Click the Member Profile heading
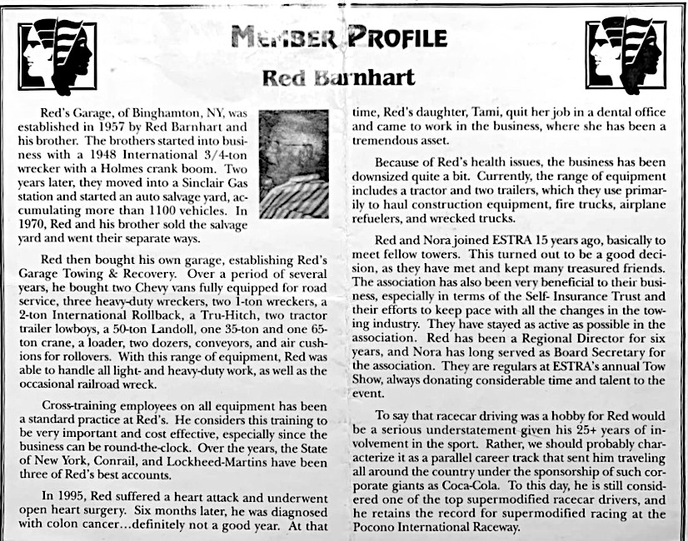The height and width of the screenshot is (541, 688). [x=341, y=37]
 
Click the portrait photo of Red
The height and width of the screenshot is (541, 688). [x=293, y=164]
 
